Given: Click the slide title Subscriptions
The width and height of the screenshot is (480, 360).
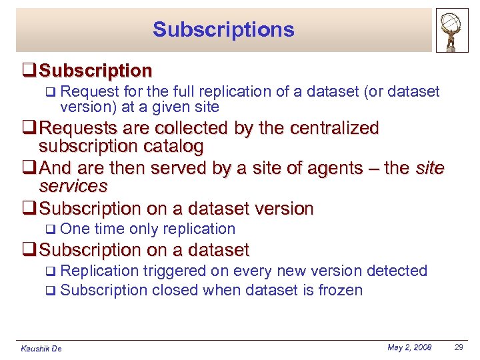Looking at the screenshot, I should [223, 30].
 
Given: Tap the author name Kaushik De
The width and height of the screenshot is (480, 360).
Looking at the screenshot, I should [41, 349].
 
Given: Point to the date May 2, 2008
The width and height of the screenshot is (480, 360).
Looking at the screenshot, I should [409, 347].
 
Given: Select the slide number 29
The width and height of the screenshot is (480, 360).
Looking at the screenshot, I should [459, 347].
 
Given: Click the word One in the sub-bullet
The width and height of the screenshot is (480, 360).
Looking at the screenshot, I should [75, 229].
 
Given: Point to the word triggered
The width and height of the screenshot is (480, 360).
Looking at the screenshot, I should [173, 271].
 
